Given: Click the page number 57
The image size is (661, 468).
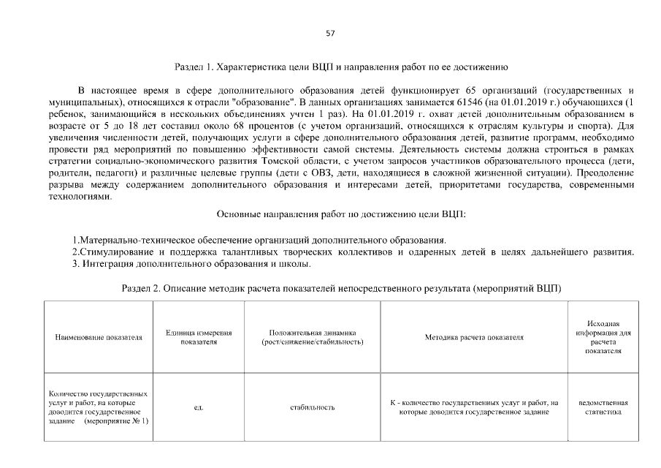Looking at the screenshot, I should (x=330, y=34).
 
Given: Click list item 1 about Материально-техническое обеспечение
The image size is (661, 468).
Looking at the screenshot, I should (x=259, y=241).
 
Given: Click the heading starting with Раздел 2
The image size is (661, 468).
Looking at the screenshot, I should (x=341, y=288).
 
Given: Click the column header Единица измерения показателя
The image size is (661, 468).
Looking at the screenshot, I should (x=198, y=337).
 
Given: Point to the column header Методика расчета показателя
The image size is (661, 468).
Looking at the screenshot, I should (x=474, y=337).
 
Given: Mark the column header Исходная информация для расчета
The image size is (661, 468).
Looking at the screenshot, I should (x=603, y=337).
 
